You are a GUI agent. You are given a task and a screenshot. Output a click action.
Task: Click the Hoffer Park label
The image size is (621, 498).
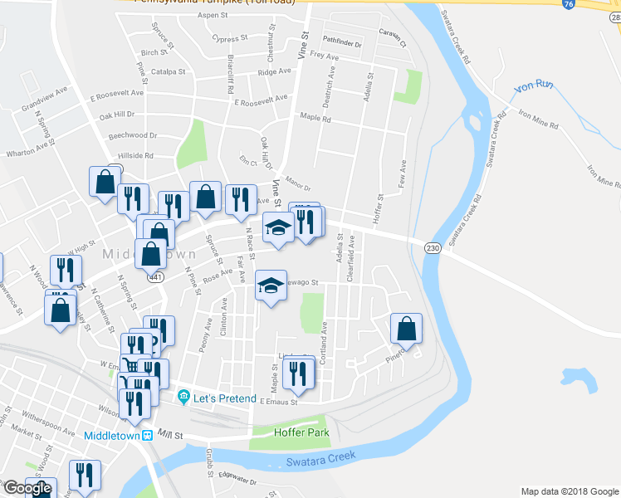point(301,432)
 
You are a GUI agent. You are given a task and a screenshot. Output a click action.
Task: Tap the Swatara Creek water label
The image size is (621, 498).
point(320,457)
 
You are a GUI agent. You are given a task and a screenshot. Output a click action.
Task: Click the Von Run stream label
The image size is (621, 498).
point(534,86)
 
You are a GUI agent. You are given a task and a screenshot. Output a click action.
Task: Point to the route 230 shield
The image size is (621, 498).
point(432,247)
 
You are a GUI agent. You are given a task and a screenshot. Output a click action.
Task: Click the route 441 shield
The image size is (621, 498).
point(155,277)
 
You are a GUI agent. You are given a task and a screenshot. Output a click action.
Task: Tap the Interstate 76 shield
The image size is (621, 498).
point(568,4)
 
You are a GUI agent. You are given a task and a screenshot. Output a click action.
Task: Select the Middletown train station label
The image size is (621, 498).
point(115,436)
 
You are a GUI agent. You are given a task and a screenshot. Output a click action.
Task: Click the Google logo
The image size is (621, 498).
point(27,489)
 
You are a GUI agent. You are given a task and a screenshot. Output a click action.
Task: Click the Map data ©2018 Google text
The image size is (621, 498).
point(570,491)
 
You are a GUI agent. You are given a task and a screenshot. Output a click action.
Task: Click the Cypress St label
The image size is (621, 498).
point(230,38)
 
